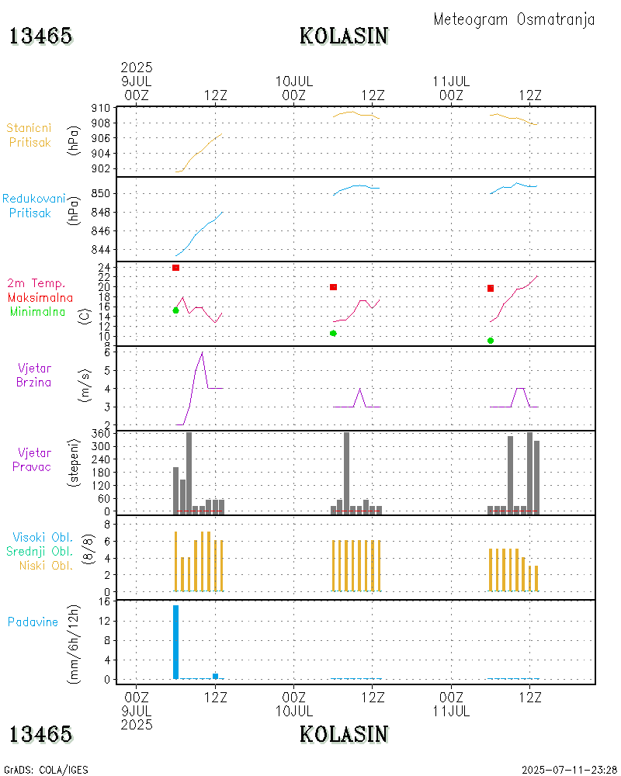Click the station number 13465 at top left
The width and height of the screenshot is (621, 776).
[x=40, y=36]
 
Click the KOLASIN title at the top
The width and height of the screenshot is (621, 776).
[x=344, y=36]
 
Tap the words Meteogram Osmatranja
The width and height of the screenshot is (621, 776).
[x=514, y=19]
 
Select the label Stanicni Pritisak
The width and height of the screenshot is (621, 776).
[x=29, y=134]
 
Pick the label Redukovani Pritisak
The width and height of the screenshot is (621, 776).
[x=33, y=205]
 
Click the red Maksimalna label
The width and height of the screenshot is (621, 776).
[x=40, y=297]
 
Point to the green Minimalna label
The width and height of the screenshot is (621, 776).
[x=38, y=311]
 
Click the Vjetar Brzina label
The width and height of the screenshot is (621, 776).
[x=35, y=374]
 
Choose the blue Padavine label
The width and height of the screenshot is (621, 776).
[x=33, y=622]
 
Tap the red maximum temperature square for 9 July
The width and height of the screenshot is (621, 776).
[x=176, y=268]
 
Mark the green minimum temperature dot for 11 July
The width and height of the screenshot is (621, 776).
[x=491, y=341]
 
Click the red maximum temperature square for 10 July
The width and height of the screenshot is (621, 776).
[x=333, y=287]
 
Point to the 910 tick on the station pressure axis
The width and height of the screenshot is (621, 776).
[x=102, y=108]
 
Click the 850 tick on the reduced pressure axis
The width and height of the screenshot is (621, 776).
[x=102, y=193]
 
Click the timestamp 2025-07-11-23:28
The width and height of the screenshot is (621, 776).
[x=568, y=770]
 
